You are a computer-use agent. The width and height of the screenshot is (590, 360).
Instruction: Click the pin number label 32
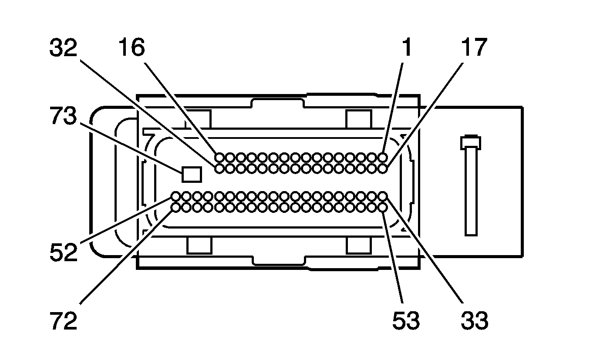click(x=63, y=47)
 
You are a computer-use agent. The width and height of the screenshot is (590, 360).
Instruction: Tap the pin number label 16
click(x=131, y=47)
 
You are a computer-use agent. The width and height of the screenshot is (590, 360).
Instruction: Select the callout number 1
click(x=407, y=47)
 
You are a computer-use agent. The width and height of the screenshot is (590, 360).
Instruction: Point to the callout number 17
click(x=474, y=47)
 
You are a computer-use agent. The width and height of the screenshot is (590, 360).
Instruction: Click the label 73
click(x=63, y=116)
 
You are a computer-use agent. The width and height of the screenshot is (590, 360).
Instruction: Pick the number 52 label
click(x=64, y=252)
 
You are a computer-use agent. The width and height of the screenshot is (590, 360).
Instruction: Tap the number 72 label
click(x=64, y=320)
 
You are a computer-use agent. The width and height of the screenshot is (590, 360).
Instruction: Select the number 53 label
click(x=406, y=320)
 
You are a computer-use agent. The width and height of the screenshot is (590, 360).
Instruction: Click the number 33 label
click(x=474, y=320)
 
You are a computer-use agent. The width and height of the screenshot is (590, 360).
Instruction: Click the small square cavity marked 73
click(x=192, y=174)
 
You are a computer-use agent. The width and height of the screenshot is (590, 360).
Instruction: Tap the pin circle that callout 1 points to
click(x=382, y=158)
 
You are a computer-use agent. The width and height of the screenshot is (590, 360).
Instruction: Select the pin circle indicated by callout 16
click(x=219, y=158)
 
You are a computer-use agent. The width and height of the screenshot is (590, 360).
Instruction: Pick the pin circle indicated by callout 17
click(x=382, y=168)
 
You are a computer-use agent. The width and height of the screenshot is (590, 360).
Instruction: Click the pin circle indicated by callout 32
click(x=219, y=168)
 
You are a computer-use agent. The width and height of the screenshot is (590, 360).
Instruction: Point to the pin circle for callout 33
click(x=382, y=196)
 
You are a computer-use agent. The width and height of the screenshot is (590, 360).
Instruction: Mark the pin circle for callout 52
click(x=175, y=196)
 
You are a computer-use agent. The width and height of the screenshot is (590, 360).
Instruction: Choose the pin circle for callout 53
click(x=382, y=208)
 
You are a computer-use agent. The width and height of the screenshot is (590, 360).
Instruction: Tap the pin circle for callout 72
click(x=175, y=208)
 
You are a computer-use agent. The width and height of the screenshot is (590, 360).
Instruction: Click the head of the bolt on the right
click(x=471, y=143)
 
